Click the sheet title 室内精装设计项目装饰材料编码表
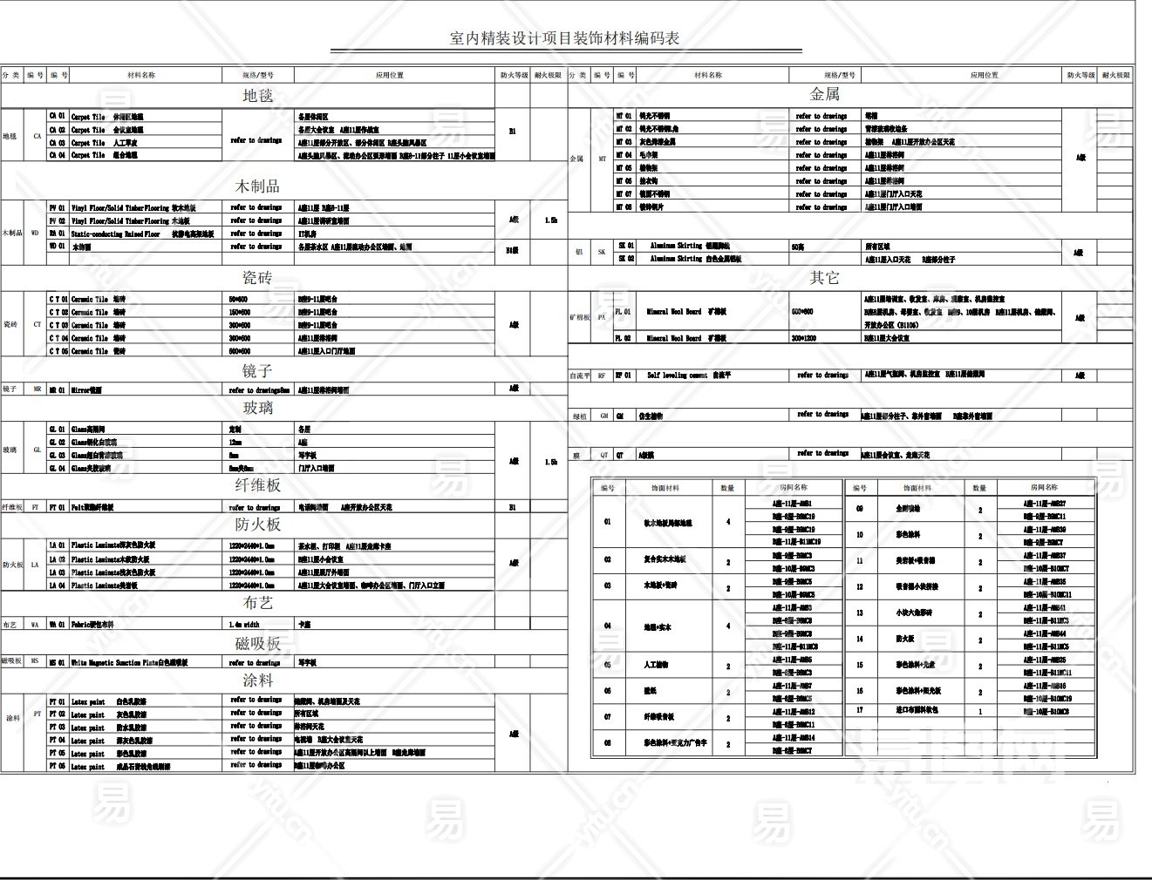click(x=564, y=38)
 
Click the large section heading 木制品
click(x=257, y=186)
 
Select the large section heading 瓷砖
click(x=257, y=278)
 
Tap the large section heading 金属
click(x=824, y=93)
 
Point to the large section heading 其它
click(x=824, y=278)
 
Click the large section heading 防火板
click(x=257, y=525)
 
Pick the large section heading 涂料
click(x=257, y=680)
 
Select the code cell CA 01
click(x=58, y=116)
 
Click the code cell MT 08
click(x=624, y=207)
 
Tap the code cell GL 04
click(x=58, y=468)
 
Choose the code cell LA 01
click(x=58, y=546)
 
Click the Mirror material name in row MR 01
click(x=86, y=390)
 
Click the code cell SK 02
click(x=626, y=259)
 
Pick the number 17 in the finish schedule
click(x=859, y=710)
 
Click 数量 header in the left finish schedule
click(x=727, y=488)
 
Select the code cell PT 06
click(x=58, y=766)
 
